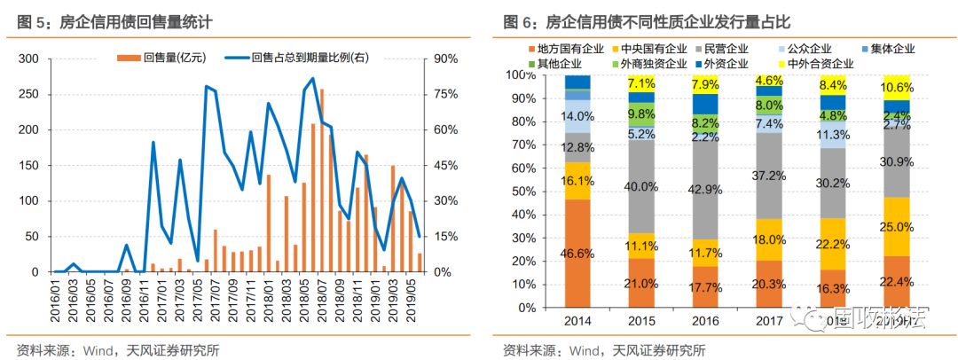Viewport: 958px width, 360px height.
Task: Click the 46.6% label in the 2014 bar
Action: coord(577,254)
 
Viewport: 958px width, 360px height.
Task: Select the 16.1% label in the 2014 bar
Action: coord(577,181)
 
